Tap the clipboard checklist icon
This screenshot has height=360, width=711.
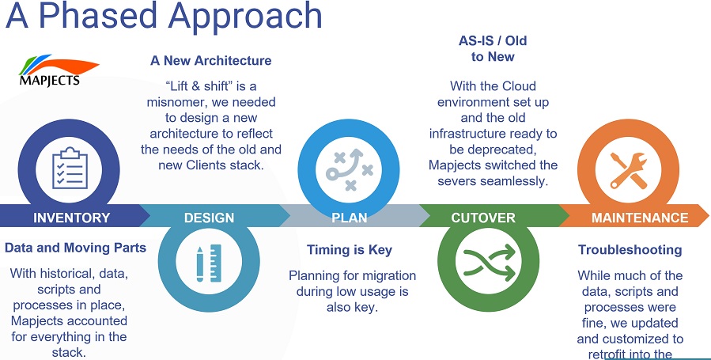[70, 169]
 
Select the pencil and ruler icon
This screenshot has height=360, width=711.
[209, 263]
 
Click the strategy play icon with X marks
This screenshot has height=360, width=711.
[349, 169]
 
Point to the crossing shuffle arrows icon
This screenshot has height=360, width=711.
[489, 263]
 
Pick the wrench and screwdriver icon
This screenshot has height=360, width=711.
[629, 170]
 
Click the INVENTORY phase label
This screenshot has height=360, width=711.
[72, 218]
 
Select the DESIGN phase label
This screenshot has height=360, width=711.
[209, 218]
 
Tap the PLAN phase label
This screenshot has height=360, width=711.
[349, 218]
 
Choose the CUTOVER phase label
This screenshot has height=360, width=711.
[483, 218]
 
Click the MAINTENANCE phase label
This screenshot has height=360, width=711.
[640, 218]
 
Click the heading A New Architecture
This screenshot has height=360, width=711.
[211, 60]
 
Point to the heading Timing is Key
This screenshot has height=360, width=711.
[349, 250]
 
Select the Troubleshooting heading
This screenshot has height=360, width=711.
[630, 250]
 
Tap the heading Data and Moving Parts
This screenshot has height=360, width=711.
[75, 248]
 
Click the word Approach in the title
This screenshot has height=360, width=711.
[245, 17]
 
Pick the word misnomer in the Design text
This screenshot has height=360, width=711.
[174, 102]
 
